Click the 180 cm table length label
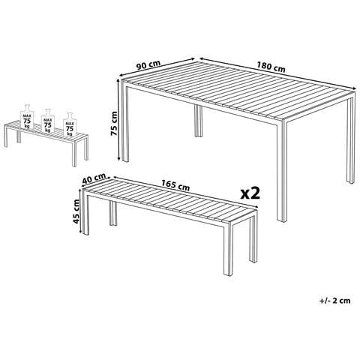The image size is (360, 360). pyautogui.click(x=271, y=67)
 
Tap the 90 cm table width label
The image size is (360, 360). pyautogui.click(x=148, y=64)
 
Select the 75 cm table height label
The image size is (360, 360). pyautogui.click(x=114, y=123)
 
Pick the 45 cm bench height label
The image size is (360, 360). pyautogui.click(x=76, y=211)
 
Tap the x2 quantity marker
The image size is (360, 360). pyautogui.click(x=250, y=193)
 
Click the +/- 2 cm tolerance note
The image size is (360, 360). pyautogui.click(x=334, y=301)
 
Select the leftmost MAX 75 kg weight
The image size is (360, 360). pyautogui.click(x=27, y=116)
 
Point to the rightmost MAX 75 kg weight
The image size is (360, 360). pyautogui.click(x=70, y=124)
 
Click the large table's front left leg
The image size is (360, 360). pyautogui.click(x=125, y=121)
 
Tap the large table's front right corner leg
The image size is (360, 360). pyautogui.click(x=282, y=171)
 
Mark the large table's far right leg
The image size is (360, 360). pyautogui.click(x=350, y=140)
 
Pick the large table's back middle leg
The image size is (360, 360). pyautogui.click(x=199, y=121)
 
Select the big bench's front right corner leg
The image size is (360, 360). pyautogui.click(x=228, y=248)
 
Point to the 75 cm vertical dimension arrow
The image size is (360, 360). pyautogui.click(x=119, y=120)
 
